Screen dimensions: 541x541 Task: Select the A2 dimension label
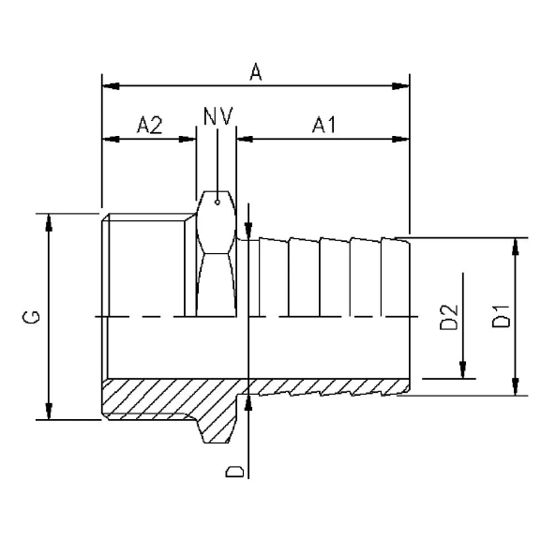149,125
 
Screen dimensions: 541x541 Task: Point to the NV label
218,116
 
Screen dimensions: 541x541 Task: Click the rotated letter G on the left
32,318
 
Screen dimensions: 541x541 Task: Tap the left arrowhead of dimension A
110,86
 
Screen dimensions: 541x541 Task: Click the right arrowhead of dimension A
400,86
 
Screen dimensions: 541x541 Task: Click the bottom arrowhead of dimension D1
514,386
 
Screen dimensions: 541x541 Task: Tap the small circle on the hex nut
218,199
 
